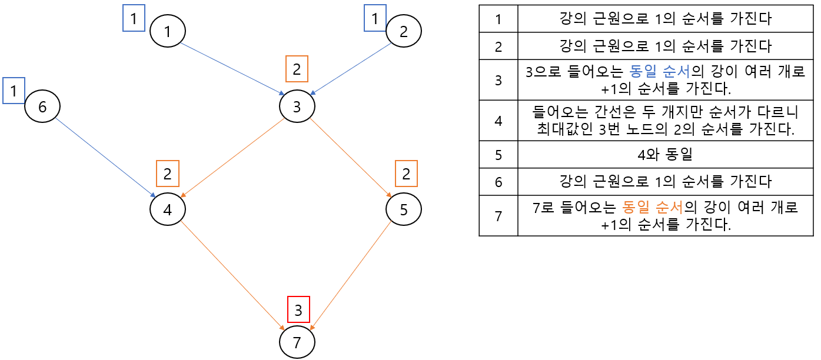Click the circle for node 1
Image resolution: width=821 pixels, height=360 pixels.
(x=168, y=31)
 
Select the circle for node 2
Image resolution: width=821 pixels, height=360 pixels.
(x=403, y=31)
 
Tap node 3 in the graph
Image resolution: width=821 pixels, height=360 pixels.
(x=297, y=106)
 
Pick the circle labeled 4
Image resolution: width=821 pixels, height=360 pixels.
(x=168, y=209)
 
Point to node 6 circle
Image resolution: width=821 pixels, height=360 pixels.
(x=42, y=106)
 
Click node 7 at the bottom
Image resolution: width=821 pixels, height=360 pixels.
(x=297, y=342)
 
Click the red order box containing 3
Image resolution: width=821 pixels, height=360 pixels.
(x=298, y=309)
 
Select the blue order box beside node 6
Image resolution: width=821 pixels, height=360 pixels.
(x=14, y=91)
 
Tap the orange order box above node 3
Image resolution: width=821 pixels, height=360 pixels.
(x=297, y=69)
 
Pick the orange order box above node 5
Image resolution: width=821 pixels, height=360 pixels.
(x=405, y=174)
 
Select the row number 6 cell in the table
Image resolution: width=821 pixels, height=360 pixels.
(x=498, y=181)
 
